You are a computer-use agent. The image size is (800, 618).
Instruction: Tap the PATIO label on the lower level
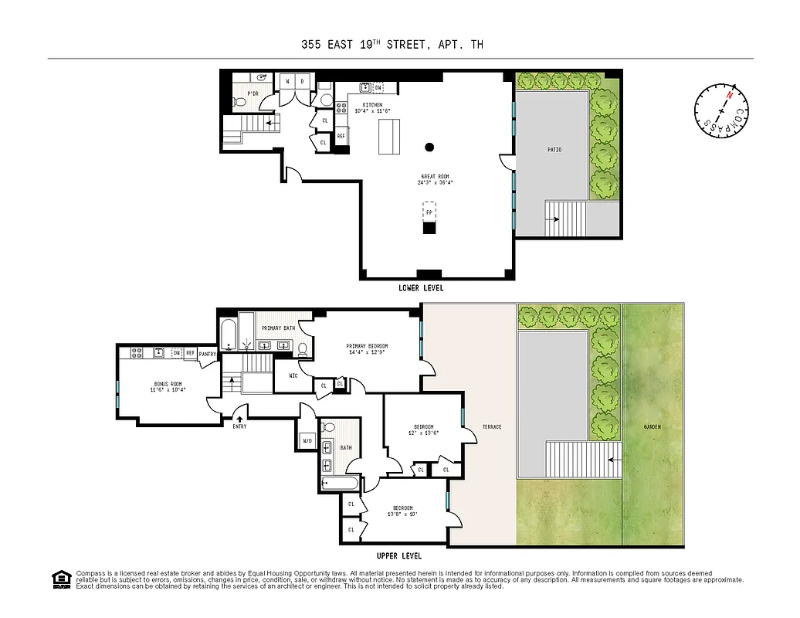click(x=554, y=149)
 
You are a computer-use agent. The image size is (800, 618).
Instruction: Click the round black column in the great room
click(x=429, y=147)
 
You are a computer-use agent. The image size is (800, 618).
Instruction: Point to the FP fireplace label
click(x=429, y=211)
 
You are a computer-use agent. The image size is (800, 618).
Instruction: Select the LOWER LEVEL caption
click(x=421, y=288)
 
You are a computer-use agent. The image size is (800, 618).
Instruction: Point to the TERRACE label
click(x=492, y=426)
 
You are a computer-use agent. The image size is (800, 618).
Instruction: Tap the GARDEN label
click(x=653, y=426)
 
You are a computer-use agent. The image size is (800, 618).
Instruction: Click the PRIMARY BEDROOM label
click(x=367, y=345)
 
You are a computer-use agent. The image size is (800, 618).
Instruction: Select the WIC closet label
click(x=293, y=376)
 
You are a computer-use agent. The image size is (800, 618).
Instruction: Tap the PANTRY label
click(x=208, y=354)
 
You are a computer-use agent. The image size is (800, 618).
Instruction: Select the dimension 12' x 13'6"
click(x=423, y=433)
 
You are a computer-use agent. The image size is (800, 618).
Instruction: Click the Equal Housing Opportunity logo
click(x=59, y=578)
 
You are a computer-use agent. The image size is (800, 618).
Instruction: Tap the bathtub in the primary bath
click(x=228, y=334)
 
